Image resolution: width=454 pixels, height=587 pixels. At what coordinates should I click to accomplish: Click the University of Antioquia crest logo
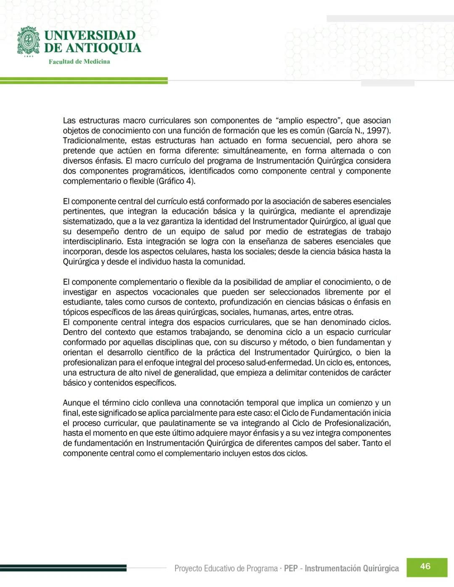coord(29,41)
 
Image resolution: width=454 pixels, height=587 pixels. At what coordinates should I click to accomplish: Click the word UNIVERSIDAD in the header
coord(90,35)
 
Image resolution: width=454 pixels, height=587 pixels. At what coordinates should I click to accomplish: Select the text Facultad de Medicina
coord(79,62)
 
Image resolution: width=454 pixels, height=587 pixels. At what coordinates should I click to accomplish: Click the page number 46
coord(425,566)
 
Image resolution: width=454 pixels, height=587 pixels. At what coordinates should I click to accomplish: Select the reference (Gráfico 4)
coord(176,181)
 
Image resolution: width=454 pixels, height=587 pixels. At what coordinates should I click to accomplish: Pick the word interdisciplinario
coord(92,242)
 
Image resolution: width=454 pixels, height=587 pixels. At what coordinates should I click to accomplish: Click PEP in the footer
coord(291,569)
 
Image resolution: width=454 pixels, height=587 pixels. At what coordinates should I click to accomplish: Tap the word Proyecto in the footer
coord(188,569)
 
